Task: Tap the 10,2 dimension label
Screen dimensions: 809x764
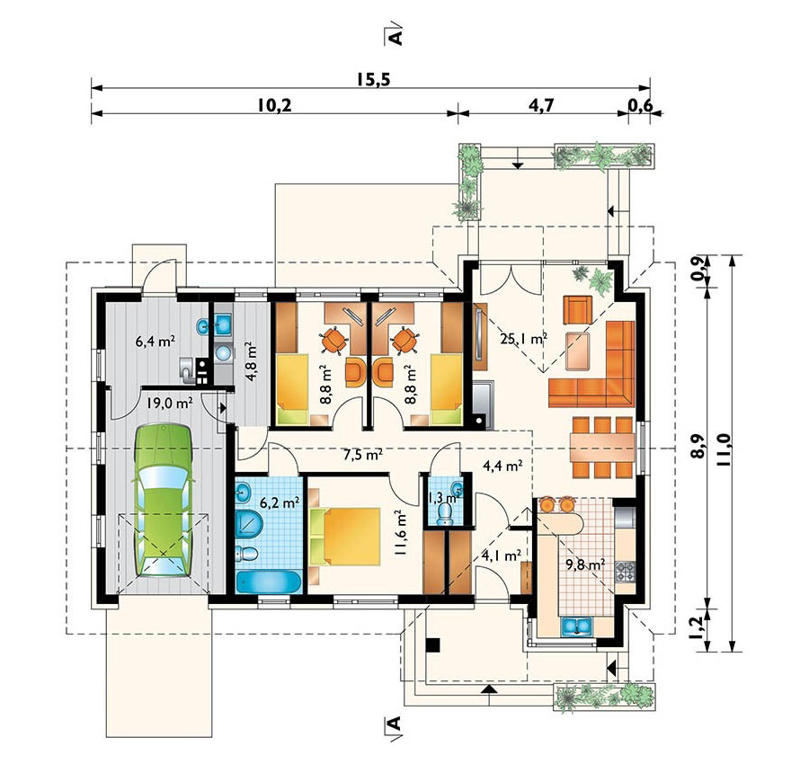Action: [x=274, y=105]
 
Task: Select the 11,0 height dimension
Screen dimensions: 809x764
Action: [x=724, y=449]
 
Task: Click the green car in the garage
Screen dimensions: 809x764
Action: [x=163, y=502]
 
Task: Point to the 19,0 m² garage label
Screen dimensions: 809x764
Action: [x=169, y=403]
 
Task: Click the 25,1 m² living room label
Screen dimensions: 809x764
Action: [x=523, y=339]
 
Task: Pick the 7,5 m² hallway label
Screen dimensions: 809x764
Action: [x=363, y=455]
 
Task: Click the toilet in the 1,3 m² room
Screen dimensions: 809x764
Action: [x=444, y=512]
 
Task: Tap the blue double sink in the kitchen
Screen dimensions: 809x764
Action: [x=576, y=626]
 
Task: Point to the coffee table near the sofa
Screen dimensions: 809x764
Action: [x=578, y=351]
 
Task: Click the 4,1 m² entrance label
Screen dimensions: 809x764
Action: [x=501, y=555]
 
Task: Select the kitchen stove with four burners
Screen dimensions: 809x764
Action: [x=626, y=571]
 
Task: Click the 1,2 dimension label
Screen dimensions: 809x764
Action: [x=697, y=626]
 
